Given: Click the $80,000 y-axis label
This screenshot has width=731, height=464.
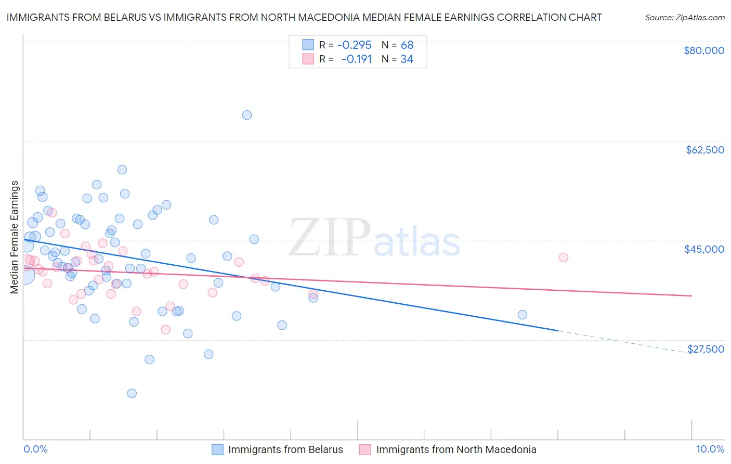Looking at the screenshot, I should [704, 50].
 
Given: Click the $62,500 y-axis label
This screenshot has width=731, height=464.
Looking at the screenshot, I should [704, 150].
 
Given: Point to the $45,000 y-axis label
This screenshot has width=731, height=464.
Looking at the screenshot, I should [704, 249].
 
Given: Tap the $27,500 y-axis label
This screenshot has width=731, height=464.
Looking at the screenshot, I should [706, 349].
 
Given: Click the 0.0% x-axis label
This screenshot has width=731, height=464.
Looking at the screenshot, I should [35, 449].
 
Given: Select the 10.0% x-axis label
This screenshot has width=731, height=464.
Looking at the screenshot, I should [710, 449].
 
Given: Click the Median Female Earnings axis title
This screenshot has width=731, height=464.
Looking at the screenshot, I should [15, 237].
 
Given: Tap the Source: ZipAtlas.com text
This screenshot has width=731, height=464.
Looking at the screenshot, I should [684, 17].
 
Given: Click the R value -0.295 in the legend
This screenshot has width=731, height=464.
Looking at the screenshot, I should [354, 45].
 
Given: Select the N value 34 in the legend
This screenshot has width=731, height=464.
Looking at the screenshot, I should [407, 59].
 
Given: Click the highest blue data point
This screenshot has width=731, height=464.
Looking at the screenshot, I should [247, 115].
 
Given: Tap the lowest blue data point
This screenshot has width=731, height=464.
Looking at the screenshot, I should [132, 393].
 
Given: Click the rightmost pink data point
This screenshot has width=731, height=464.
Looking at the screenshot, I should [563, 257].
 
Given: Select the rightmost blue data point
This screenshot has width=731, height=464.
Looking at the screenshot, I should [523, 315].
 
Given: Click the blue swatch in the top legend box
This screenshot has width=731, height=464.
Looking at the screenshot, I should [308, 45].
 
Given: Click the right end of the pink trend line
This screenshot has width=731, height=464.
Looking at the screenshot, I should [691, 295].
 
